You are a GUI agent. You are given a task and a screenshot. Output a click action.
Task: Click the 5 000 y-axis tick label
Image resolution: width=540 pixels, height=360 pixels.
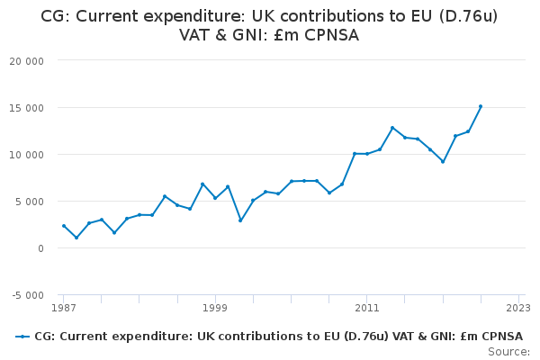pyautogui.click(x=34, y=202)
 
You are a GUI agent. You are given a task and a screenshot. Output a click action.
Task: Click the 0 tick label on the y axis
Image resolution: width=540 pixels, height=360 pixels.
pyautogui.click(x=42, y=248)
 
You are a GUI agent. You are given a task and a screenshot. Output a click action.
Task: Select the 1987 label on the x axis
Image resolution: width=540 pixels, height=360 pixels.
pyautogui.click(x=63, y=308)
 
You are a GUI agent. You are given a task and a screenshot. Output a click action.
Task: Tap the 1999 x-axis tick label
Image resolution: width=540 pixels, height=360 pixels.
pyautogui.click(x=215, y=308)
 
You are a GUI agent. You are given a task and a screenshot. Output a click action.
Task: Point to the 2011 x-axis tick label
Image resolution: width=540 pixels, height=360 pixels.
pyautogui.click(x=367, y=308)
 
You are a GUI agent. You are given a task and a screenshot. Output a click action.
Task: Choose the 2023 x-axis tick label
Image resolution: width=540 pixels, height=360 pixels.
pyautogui.click(x=518, y=308)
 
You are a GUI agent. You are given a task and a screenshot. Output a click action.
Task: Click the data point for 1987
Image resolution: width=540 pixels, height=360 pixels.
pyautogui.click(x=64, y=226)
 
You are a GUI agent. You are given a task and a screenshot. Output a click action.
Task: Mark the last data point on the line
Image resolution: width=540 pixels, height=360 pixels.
pyautogui.click(x=481, y=106)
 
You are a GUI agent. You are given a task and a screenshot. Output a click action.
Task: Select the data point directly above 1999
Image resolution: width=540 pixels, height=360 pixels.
pyautogui.click(x=215, y=198)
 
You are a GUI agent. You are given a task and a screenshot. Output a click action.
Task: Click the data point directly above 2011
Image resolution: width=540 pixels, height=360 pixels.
pyautogui.click(x=367, y=154)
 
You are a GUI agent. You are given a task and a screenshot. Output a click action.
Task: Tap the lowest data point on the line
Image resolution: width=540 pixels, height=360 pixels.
pyautogui.click(x=76, y=238)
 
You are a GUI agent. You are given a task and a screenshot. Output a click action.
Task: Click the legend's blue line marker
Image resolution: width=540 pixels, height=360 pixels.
pyautogui.click(x=22, y=337)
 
